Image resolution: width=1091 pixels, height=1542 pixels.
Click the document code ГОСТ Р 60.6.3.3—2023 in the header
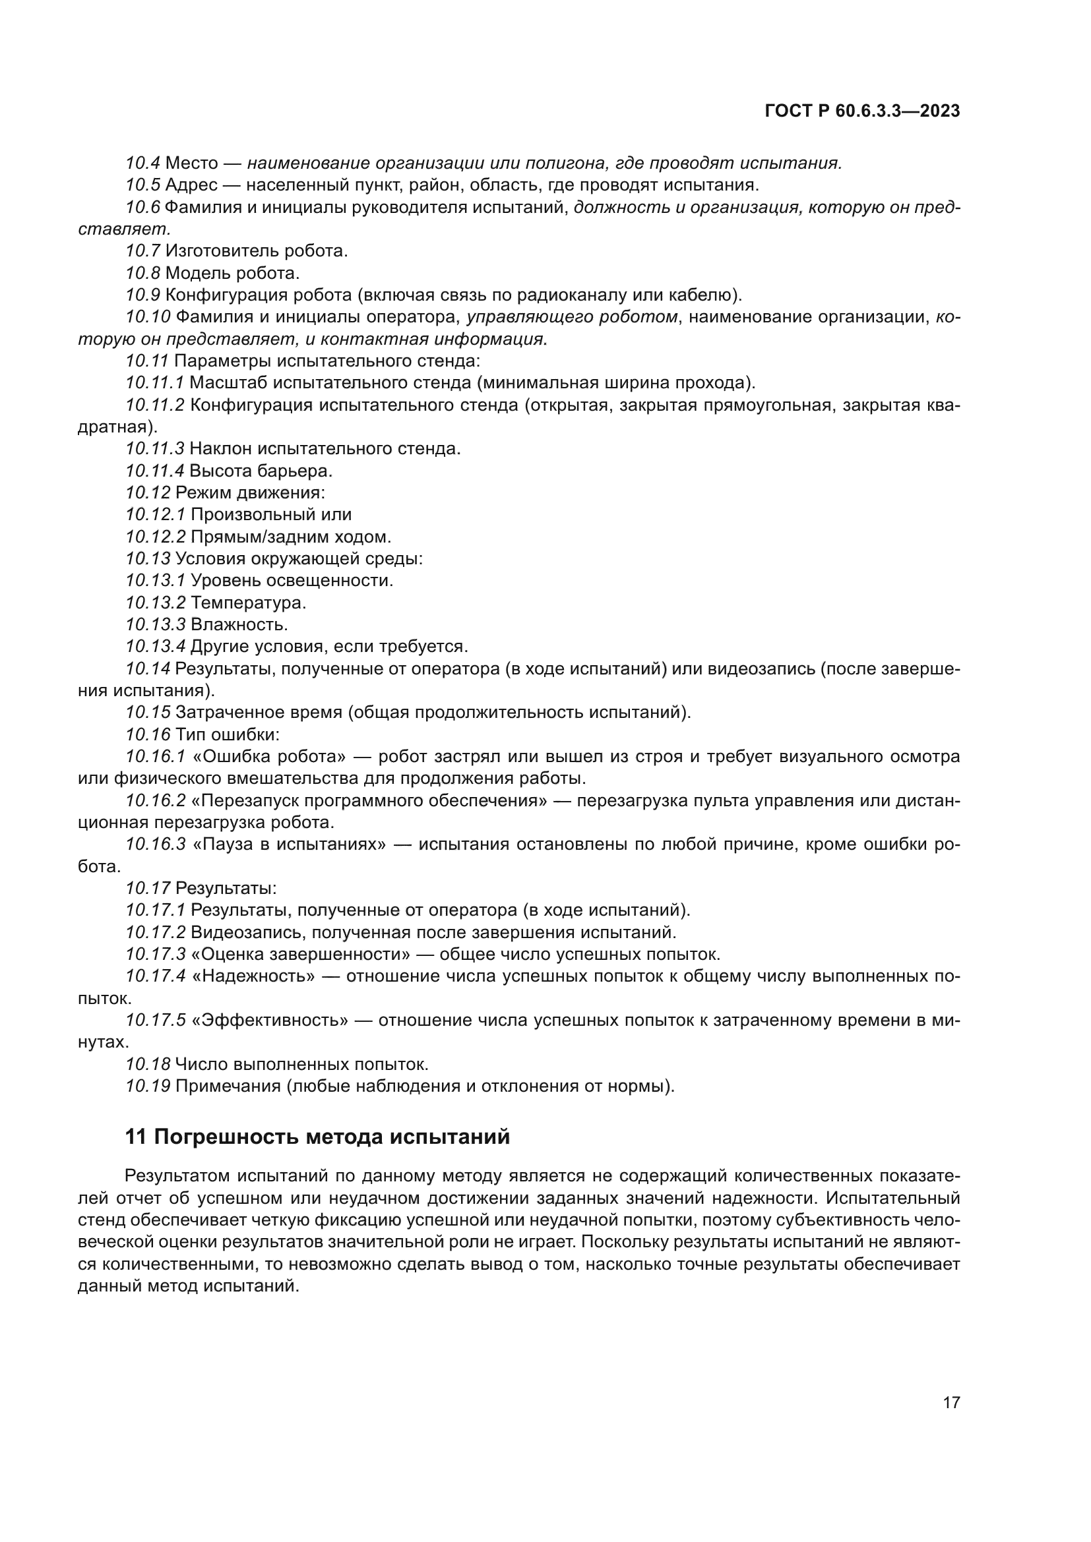pos(862,111)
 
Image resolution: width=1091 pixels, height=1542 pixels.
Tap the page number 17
pos(951,1402)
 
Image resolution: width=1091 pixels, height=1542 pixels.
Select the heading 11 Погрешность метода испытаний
pos(317,1137)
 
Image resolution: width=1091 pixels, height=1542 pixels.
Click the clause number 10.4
pos(142,163)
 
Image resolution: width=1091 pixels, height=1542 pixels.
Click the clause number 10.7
pos(142,251)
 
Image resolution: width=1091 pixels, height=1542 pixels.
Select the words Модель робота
pos(232,274)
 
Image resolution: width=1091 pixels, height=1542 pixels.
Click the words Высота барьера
pos(261,471)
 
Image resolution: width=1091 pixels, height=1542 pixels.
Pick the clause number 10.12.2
pos(155,537)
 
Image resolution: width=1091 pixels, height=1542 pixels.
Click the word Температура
pos(248,603)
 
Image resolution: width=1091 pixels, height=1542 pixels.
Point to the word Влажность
pos(239,624)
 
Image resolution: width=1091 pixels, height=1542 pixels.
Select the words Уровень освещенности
pos(292,580)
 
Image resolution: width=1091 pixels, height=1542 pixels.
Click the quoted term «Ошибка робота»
pos(268,757)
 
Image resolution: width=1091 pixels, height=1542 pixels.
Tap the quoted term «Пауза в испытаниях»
pos(289,845)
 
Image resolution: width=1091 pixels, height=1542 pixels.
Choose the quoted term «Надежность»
pos(253,976)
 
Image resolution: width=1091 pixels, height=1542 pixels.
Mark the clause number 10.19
pos(148,1086)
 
